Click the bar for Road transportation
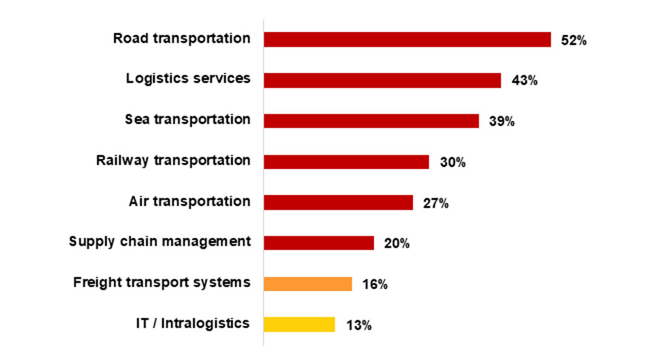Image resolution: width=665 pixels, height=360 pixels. point(407,40)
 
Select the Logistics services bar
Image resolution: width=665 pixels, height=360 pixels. point(383,81)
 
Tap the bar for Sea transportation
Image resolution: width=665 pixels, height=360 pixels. point(371,121)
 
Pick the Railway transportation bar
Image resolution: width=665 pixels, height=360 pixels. point(346,162)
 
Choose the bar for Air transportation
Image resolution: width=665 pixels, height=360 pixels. point(338,202)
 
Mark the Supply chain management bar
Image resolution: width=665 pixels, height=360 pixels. point(319,243)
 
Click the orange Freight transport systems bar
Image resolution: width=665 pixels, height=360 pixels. point(308,284)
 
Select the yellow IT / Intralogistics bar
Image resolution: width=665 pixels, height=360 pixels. point(299,324)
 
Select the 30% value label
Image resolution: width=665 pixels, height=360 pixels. point(452,162)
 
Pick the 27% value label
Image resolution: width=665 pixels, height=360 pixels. point(435,203)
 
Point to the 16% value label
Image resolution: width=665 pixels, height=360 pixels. point(374,285)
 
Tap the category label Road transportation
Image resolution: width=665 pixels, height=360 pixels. point(182,38)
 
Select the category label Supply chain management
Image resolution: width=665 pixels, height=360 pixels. point(160,242)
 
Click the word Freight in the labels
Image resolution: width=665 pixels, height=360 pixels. point(95,283)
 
